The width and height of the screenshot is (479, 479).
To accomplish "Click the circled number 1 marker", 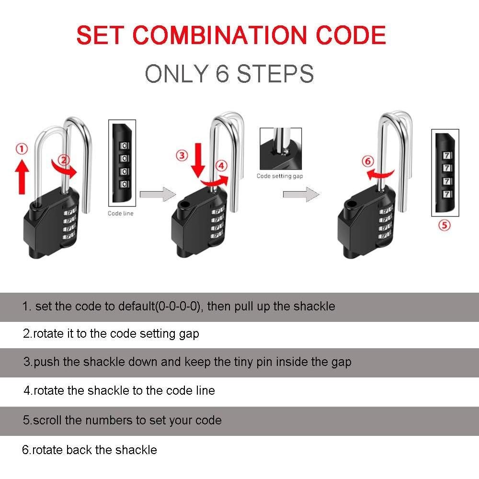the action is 22,149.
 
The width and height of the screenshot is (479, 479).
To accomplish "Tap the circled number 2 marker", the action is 64,160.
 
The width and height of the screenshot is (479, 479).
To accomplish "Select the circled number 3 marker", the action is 182,156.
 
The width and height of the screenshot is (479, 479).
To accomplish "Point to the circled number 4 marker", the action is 221,166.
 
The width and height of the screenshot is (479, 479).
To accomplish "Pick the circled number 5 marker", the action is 445,226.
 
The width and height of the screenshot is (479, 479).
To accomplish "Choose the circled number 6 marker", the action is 368,161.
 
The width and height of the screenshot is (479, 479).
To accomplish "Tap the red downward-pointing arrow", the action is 198,160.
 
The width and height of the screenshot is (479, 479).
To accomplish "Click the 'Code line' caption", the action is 120,213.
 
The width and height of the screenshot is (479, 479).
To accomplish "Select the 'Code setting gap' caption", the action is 280,176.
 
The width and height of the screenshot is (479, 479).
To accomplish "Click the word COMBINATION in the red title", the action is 219,35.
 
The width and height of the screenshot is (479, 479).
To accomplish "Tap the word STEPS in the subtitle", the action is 275,74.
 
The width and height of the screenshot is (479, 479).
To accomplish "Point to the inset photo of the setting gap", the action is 281,149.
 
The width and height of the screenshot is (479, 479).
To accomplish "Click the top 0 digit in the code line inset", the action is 124,146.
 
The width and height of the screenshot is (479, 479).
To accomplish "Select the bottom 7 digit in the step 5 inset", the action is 446,194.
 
